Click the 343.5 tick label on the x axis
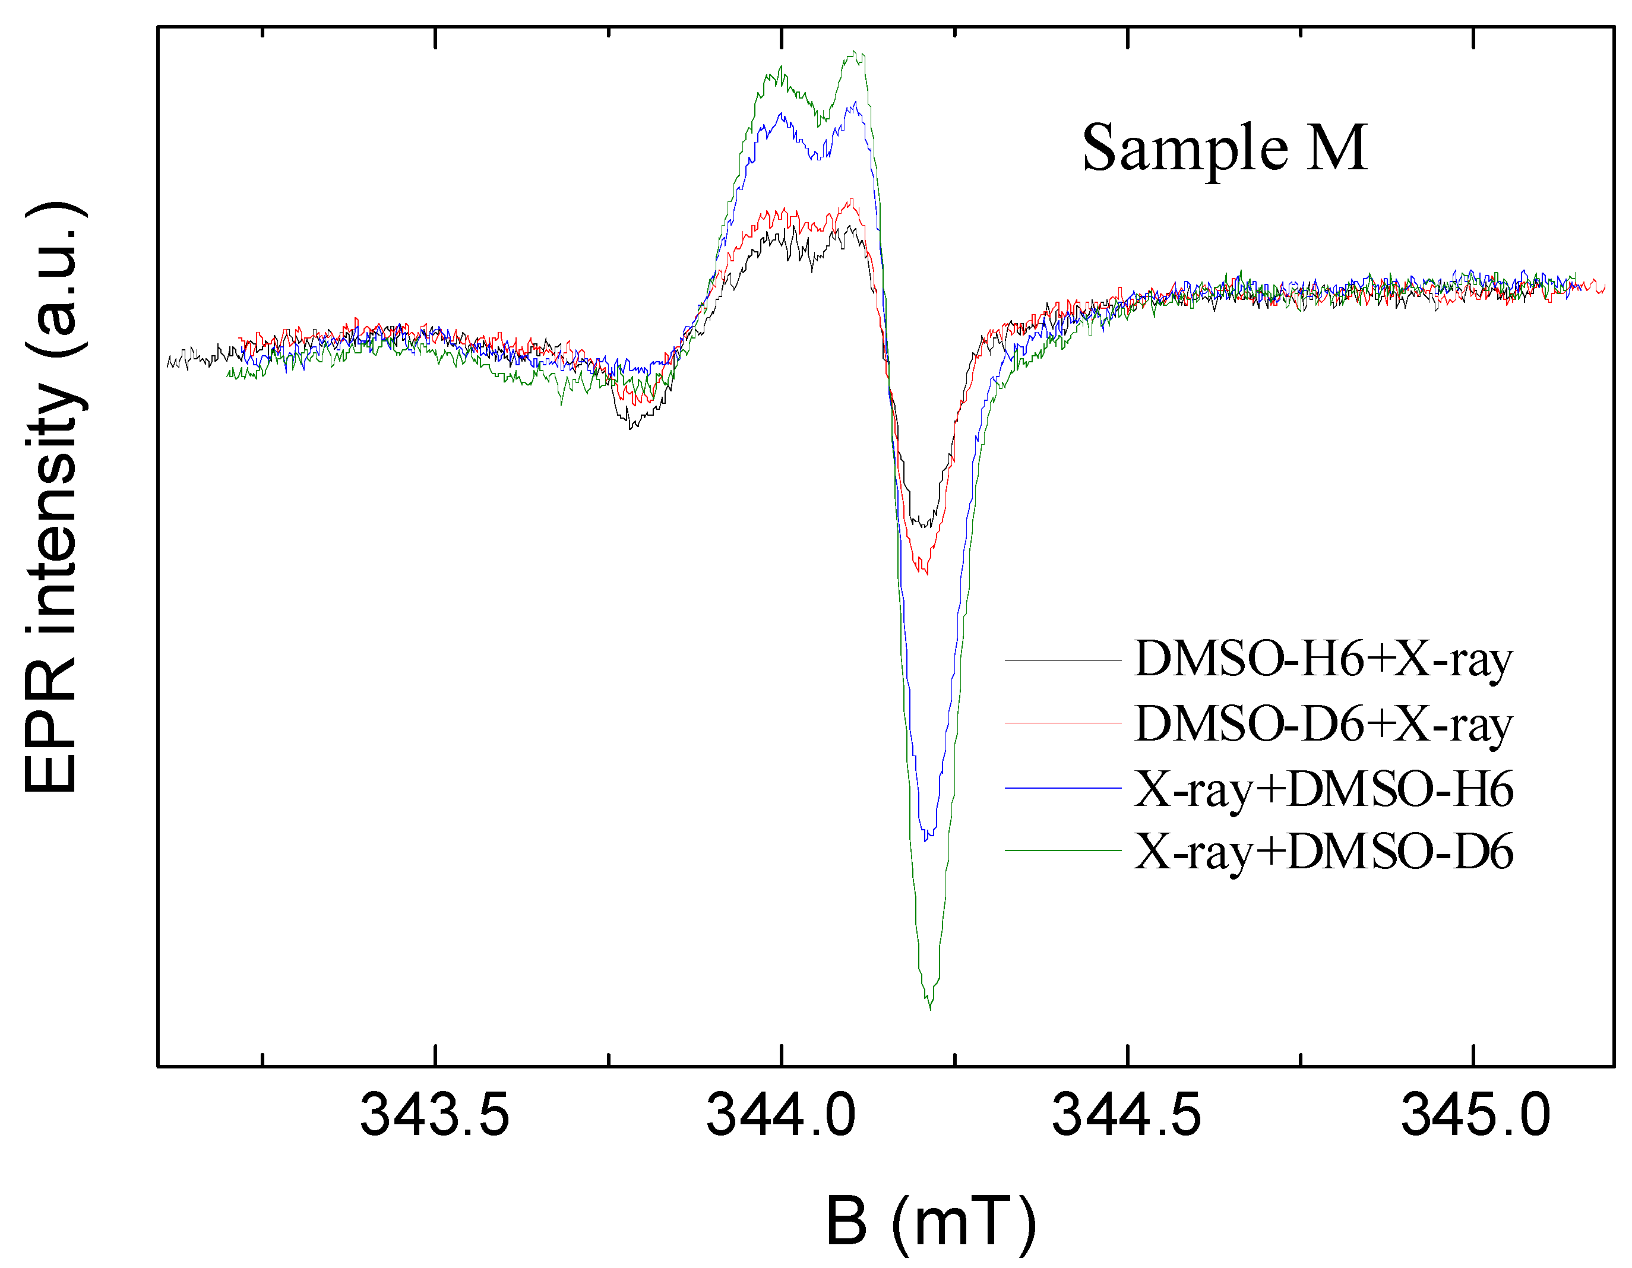coord(434,1115)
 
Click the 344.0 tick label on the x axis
coord(781,1115)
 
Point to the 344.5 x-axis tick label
coord(1126,1115)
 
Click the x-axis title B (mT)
coord(931,1221)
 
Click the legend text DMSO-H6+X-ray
coord(1323,660)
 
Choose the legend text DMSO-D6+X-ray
coord(1323,724)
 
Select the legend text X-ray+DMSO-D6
coord(1323,852)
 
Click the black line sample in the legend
coord(1062,661)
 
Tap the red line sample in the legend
coord(1062,723)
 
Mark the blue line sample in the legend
coord(1062,788)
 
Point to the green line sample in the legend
coord(1062,850)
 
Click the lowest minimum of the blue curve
coord(926,840)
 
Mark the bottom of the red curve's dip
coord(927,573)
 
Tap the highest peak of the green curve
coord(856,52)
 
